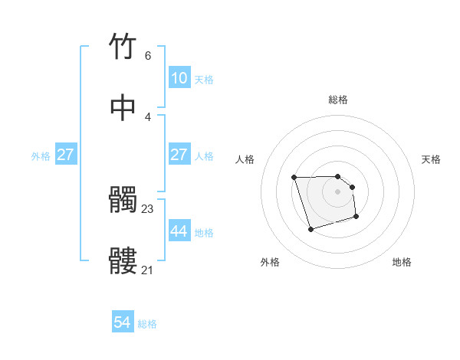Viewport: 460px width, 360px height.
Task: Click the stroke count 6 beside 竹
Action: pyautogui.click(x=148, y=56)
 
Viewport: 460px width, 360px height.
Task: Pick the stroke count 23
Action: pyautogui.click(x=148, y=209)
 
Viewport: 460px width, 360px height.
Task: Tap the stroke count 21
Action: pyautogui.click(x=148, y=270)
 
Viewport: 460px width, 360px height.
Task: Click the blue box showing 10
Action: pyautogui.click(x=179, y=78)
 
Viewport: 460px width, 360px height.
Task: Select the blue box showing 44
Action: pyautogui.click(x=179, y=231)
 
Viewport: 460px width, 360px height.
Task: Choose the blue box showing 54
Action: pyautogui.click(x=123, y=323)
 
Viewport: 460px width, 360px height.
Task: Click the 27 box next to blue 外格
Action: pyautogui.click(x=65, y=155)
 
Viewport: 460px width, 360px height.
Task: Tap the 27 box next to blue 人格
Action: pyautogui.click(x=179, y=155)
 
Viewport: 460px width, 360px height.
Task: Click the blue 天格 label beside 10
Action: pyautogui.click(x=204, y=80)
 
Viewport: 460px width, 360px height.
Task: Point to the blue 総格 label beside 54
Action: pyautogui.click(x=147, y=325)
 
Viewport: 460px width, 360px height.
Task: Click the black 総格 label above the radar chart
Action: pyautogui.click(x=338, y=100)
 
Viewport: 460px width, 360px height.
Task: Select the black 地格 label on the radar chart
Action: pyautogui.click(x=402, y=263)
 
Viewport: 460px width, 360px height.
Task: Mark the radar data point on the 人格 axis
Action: pyautogui.click(x=294, y=178)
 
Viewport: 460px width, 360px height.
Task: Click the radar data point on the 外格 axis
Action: pyautogui.click(x=310, y=229)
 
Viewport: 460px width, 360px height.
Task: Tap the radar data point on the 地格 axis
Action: pyautogui.click(x=357, y=218)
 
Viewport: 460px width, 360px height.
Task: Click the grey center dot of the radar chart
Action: pyautogui.click(x=338, y=191)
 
